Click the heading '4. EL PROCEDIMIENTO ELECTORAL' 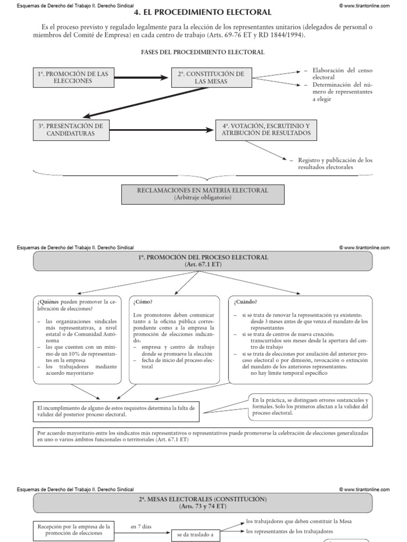tap(203, 12)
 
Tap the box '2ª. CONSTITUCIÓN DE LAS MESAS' tap(211, 77)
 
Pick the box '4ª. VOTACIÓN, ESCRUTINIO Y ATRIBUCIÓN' tap(267, 130)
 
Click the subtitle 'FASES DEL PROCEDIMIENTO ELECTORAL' tap(203, 52)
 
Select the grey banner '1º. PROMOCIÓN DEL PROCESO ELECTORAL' tap(203, 260)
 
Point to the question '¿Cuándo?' tap(243, 302)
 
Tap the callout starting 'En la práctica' tap(311, 405)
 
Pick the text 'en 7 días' tap(141, 527)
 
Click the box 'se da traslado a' tap(195, 535)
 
